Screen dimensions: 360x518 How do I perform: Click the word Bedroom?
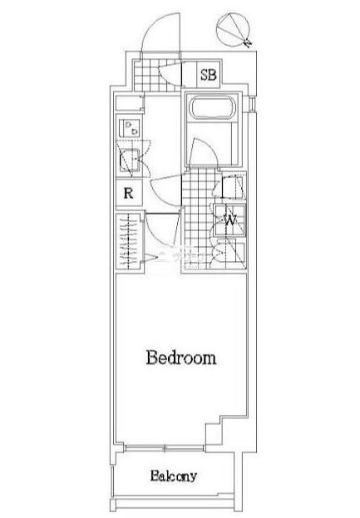181,358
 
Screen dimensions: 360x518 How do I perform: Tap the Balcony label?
174,476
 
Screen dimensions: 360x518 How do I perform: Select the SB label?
209,75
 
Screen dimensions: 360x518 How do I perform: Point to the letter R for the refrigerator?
129,193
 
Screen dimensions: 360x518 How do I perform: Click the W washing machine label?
231,219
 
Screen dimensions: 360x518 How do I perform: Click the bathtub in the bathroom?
212,107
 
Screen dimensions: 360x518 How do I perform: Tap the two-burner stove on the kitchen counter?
129,128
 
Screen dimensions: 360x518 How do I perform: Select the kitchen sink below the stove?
129,160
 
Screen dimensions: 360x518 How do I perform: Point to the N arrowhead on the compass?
247,43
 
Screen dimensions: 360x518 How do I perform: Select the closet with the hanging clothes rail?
129,241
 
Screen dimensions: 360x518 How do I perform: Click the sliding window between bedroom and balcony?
164,448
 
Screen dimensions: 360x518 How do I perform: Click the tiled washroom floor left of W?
199,218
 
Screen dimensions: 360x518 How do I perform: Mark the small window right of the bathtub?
252,103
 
